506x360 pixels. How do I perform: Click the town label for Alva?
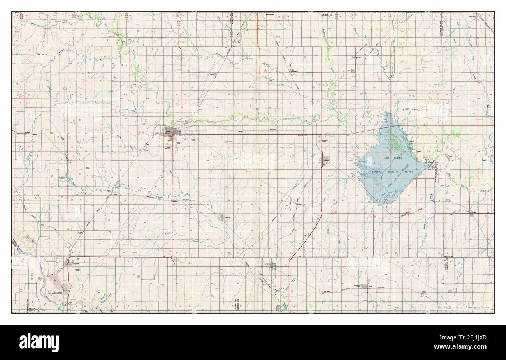pos(168,131)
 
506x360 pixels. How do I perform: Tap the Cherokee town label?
pos(325,160)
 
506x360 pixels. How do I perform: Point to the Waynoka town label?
pos(76,264)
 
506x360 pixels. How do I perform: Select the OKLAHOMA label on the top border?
pos(270,14)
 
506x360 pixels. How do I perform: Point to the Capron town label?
pos(212,74)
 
